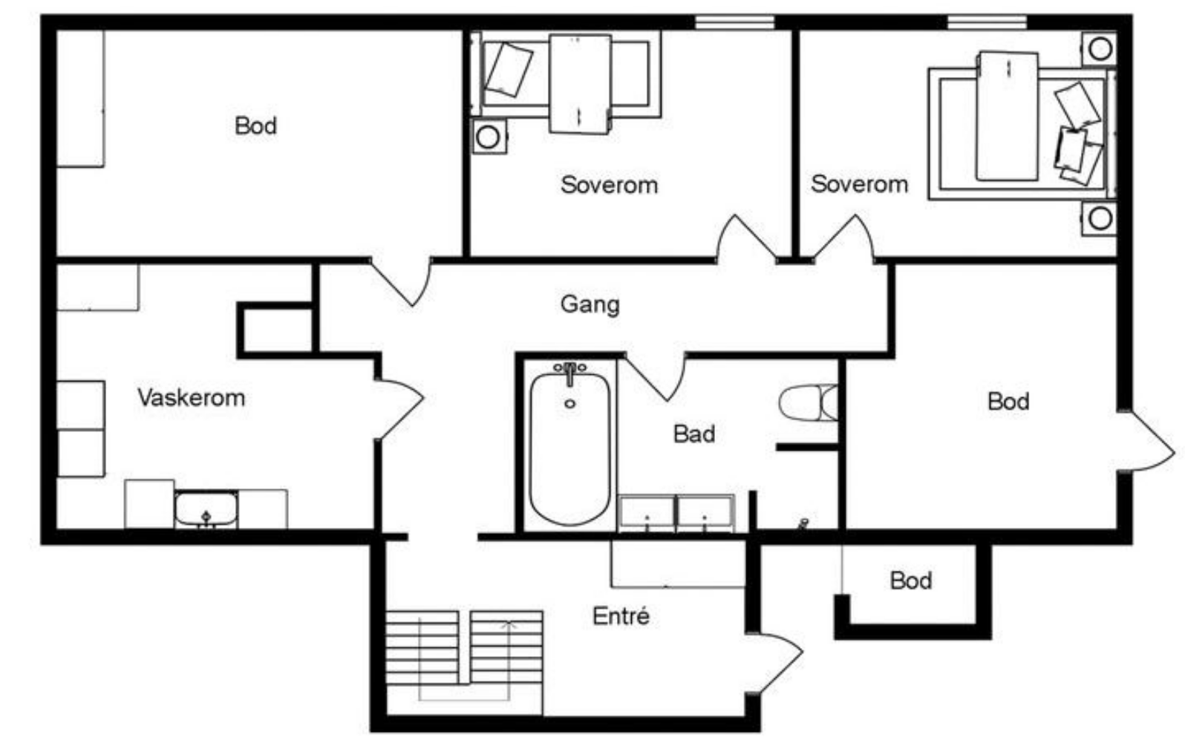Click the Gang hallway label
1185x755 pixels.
click(590, 305)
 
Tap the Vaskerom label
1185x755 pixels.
click(192, 397)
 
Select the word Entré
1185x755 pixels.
click(621, 616)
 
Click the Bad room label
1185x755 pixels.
click(694, 434)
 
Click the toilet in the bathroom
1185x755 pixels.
click(808, 402)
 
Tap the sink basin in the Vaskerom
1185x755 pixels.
click(206, 509)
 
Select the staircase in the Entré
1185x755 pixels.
click(464, 656)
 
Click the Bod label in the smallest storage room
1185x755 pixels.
click(910, 581)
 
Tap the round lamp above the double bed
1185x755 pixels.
click(1100, 49)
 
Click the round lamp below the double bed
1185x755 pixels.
click(1100, 218)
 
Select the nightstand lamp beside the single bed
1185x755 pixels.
click(489, 137)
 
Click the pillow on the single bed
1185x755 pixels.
click(509, 70)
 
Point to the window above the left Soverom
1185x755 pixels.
click(735, 22)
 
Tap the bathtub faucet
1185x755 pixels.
click(569, 372)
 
